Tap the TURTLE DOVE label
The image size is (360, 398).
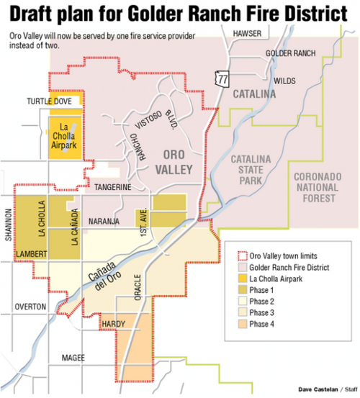click(50, 101)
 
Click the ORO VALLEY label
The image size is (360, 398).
click(175, 163)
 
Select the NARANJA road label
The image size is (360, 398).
click(103, 222)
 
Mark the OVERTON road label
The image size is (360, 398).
click(30, 307)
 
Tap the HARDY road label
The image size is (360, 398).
click(114, 325)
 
